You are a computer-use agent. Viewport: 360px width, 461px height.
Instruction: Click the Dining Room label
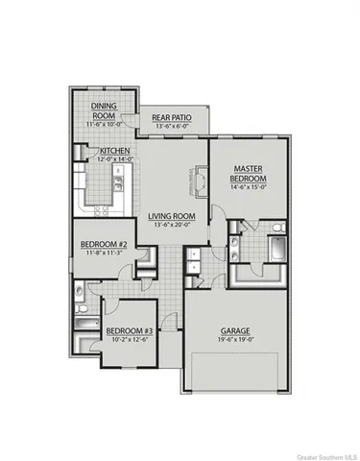coord(104,110)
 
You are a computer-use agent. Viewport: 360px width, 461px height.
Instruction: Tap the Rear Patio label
coord(173,119)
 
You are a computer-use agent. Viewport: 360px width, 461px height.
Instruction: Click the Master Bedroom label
coord(248,174)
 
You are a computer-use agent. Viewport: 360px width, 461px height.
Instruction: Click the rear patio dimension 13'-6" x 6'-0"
coord(173,129)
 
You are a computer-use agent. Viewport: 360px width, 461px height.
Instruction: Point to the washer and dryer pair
coord(193,257)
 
